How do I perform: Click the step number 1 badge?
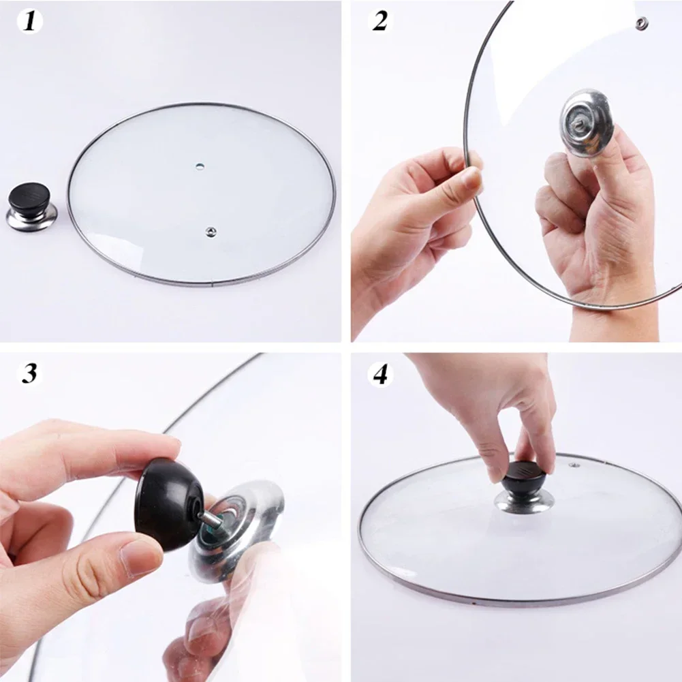29,21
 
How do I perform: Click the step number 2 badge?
379,21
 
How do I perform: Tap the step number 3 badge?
29,373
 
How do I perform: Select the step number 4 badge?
379,373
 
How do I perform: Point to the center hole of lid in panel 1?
199,166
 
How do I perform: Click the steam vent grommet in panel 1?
210,232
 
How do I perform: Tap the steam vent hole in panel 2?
641,25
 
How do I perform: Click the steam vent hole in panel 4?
574,467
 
